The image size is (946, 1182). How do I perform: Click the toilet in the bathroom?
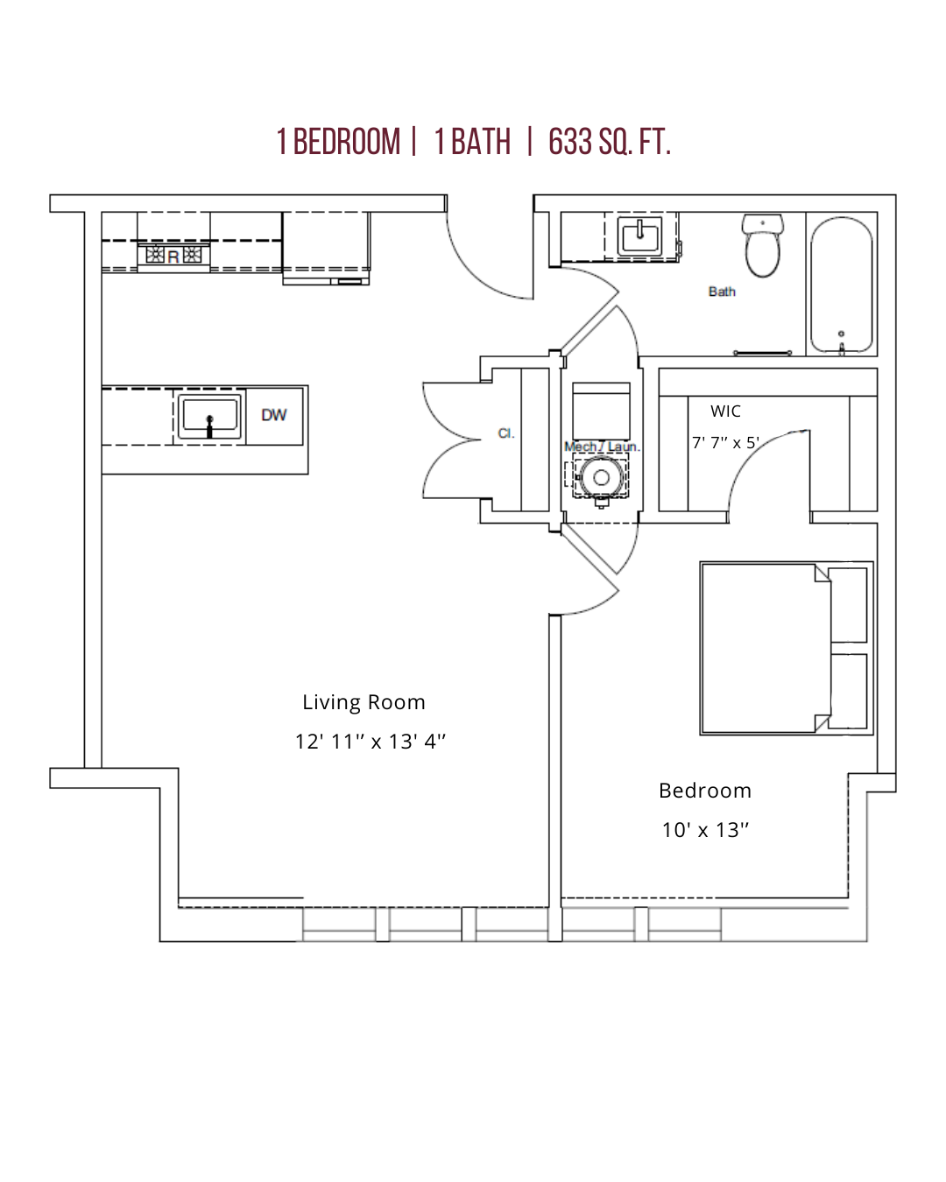(762, 245)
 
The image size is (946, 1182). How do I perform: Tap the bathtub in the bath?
(841, 285)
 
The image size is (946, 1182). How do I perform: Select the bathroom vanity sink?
(639, 236)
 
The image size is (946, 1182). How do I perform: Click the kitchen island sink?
(208, 416)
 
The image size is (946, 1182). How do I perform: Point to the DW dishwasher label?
(274, 415)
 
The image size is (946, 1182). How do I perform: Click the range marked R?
(173, 256)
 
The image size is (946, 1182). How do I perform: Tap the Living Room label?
(364, 702)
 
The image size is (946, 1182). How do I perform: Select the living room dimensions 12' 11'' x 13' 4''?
(370, 742)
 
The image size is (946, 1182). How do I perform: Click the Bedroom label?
(705, 791)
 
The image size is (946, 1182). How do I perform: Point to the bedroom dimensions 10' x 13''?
(705, 830)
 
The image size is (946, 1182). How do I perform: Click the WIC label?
(725, 412)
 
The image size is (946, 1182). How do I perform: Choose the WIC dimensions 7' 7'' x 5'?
(725, 443)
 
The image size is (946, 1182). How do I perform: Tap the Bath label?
(722, 292)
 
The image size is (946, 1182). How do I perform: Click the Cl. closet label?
(505, 433)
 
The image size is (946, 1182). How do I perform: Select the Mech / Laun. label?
(602, 447)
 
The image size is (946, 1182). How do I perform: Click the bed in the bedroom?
(786, 648)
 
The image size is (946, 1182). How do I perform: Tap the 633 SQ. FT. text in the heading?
(610, 142)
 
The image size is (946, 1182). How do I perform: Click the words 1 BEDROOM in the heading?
(338, 142)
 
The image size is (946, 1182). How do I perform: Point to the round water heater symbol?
(602, 477)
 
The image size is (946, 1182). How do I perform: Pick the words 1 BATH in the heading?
(473, 142)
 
